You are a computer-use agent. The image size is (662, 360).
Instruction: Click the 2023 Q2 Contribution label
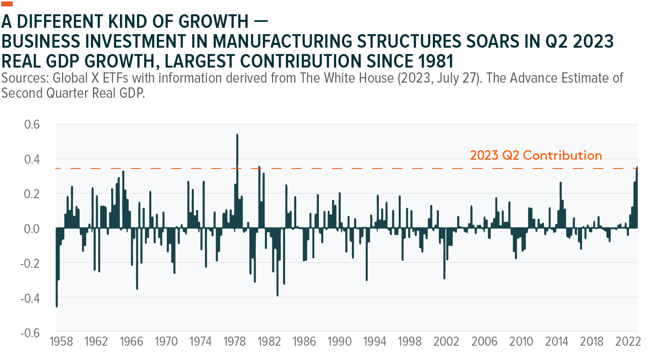[536, 155]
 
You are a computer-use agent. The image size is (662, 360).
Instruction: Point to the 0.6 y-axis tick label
[32, 124]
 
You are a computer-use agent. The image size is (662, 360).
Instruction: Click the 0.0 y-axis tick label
[32, 229]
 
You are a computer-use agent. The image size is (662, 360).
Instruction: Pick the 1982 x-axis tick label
[269, 341]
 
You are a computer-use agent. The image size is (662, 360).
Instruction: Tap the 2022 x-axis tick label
[628, 341]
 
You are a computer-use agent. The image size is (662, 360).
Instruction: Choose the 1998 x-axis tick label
[409, 341]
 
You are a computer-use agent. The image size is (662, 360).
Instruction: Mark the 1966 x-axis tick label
[131, 341]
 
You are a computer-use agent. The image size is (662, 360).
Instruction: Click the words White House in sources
[359, 78]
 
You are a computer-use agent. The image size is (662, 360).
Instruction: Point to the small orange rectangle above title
[7, 4]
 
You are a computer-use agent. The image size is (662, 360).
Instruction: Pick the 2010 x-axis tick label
[521, 341]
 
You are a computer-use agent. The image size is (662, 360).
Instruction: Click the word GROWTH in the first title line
[213, 22]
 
